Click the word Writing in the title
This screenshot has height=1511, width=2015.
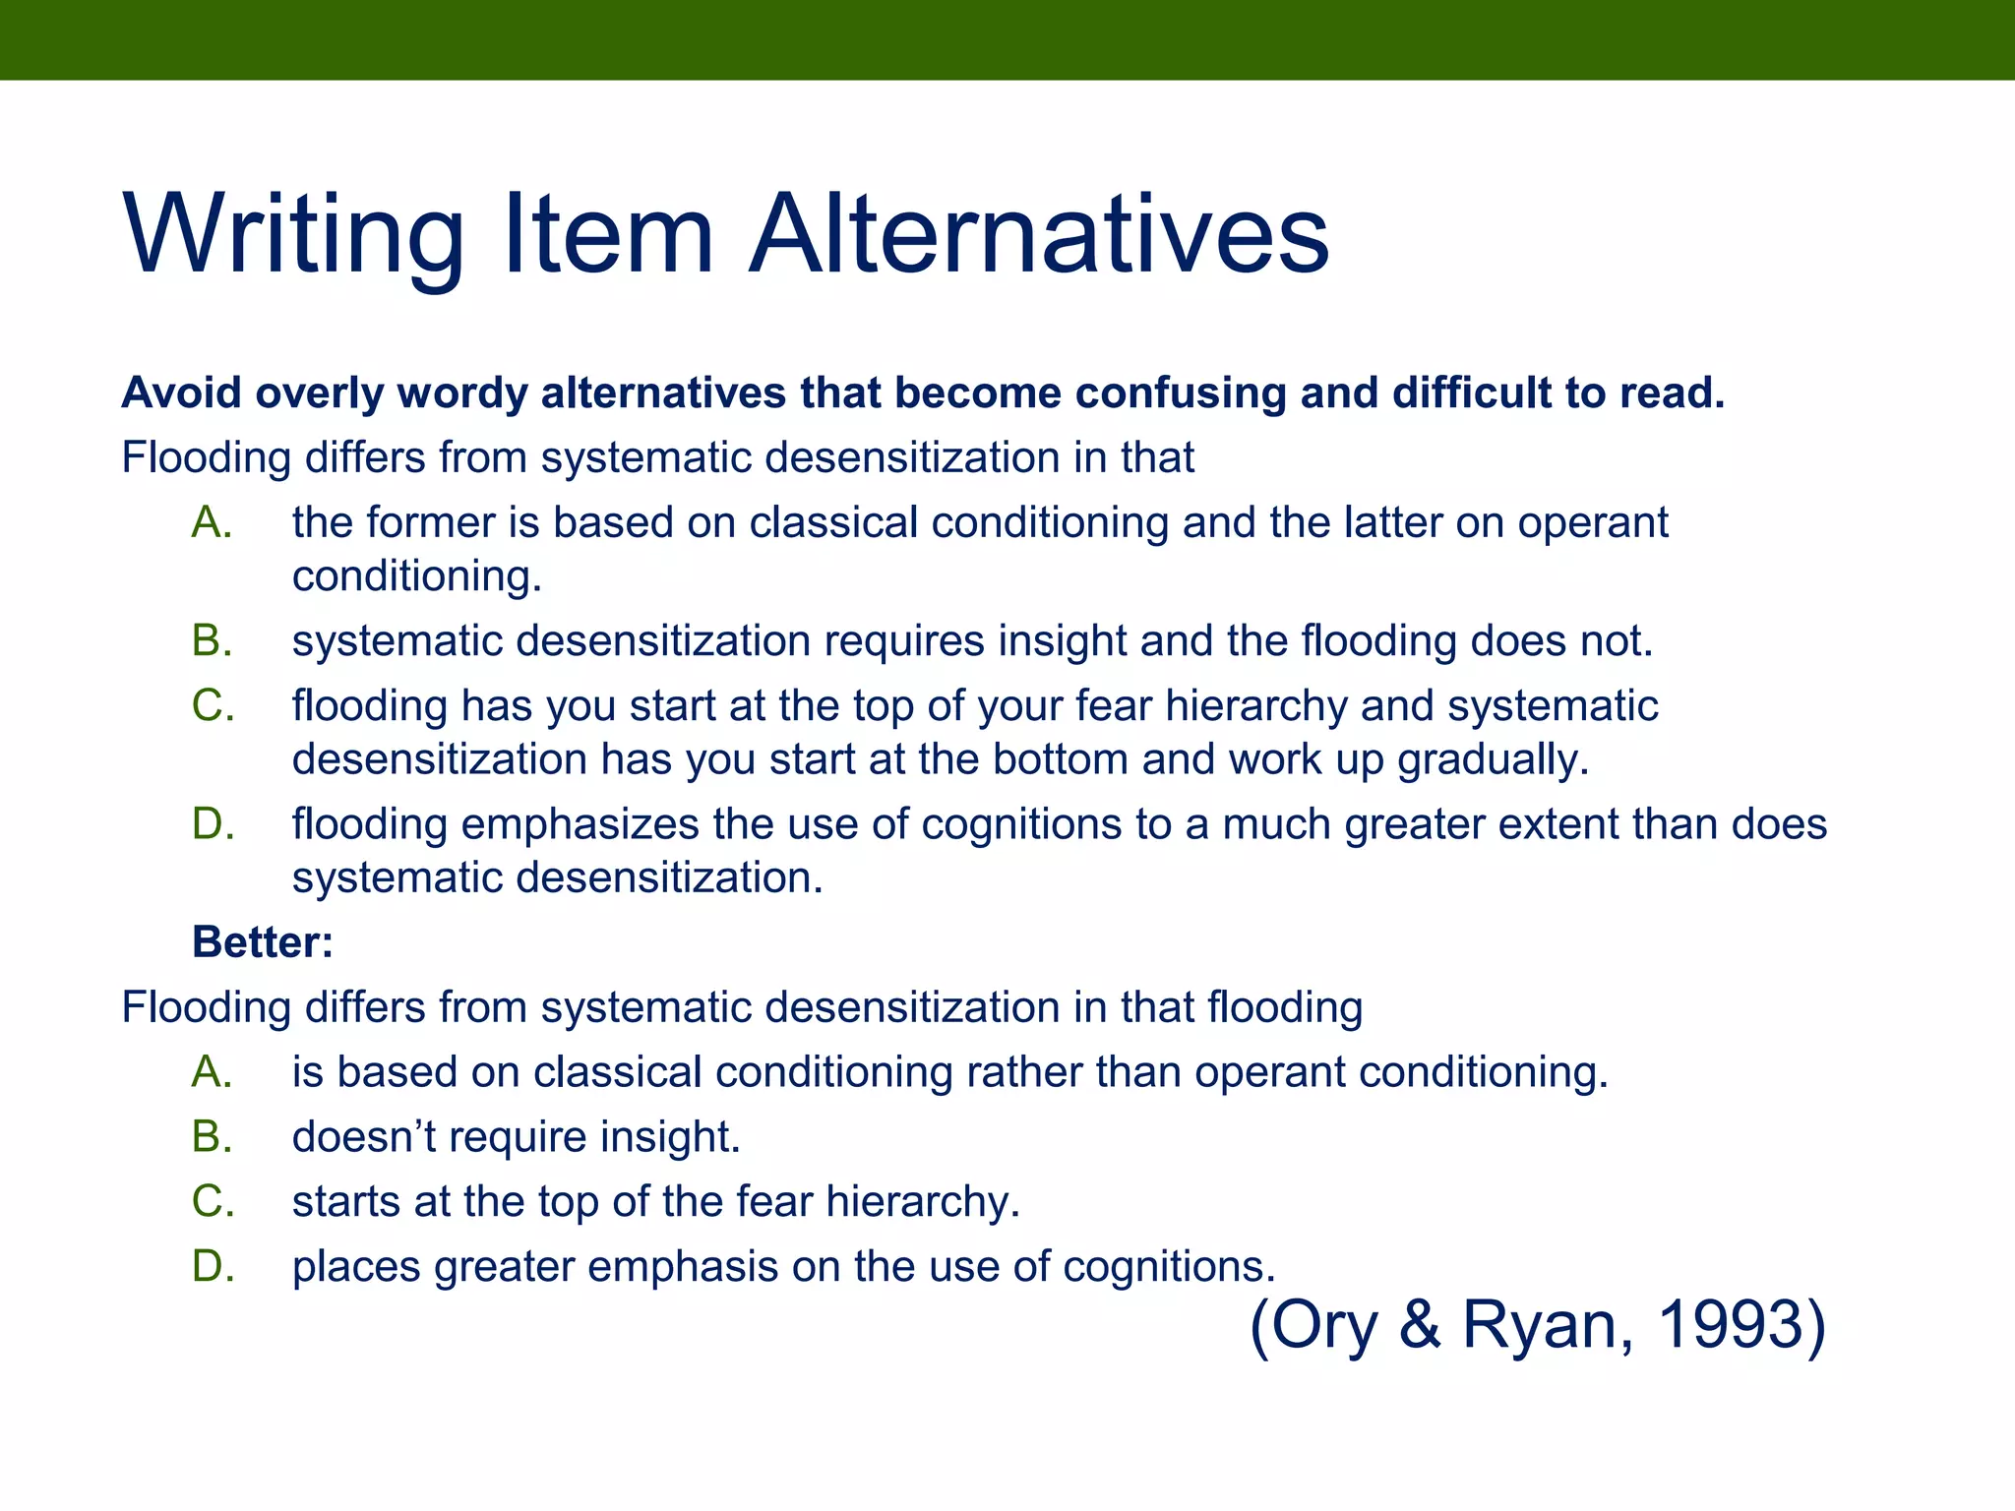tap(293, 236)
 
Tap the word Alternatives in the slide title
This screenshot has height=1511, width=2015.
tap(1039, 236)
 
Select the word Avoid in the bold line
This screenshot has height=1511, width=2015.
tap(181, 393)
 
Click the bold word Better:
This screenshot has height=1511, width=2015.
tap(263, 941)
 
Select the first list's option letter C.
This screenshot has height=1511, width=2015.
tap(213, 705)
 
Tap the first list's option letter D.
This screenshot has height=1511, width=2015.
tap(213, 823)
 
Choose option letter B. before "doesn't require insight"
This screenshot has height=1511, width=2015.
tap(213, 1136)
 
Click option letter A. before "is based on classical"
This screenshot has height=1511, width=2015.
tap(213, 1071)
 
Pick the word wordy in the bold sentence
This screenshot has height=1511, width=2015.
tap(462, 393)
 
